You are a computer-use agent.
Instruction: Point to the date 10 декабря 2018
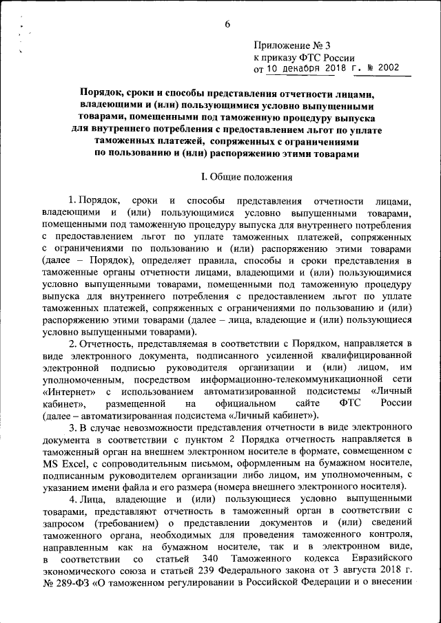pyautogui.click(x=305, y=69)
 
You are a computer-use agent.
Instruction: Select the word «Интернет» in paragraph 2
pyautogui.click(x=66, y=390)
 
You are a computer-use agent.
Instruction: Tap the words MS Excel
pyautogui.click(x=63, y=465)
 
